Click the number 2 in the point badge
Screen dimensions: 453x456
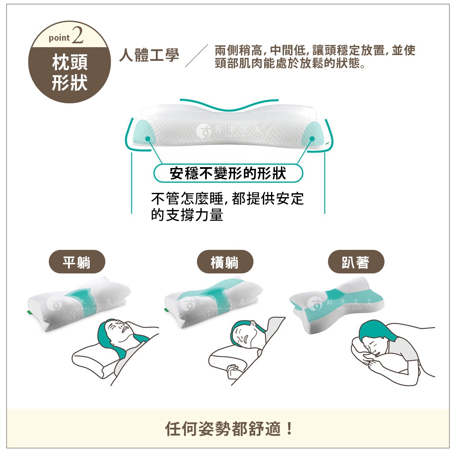click(77, 36)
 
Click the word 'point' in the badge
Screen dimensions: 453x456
click(59, 38)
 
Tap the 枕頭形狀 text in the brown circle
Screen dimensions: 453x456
click(69, 73)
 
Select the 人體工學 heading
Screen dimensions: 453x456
click(149, 55)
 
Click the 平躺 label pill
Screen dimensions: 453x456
click(77, 262)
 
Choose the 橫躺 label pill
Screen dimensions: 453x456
click(225, 262)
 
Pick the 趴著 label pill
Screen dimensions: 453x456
click(356, 262)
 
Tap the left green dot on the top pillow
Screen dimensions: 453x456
click(147, 139)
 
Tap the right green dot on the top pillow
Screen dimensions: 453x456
click(312, 138)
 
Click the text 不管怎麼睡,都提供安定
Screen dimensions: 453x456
click(227, 199)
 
